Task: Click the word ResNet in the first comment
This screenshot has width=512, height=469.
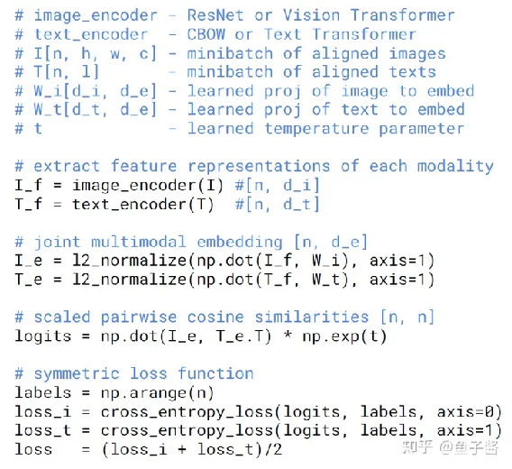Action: (x=215, y=15)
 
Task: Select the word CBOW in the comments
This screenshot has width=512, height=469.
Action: (x=206, y=34)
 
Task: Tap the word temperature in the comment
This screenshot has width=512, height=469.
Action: (x=316, y=129)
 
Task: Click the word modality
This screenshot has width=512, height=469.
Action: (x=455, y=166)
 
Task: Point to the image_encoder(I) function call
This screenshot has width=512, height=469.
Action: (x=148, y=186)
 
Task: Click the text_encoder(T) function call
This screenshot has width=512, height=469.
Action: (x=143, y=205)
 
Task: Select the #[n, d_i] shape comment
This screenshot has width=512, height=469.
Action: (x=277, y=186)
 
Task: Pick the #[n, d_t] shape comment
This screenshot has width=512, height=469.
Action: (x=277, y=205)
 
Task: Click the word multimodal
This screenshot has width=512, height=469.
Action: (x=139, y=243)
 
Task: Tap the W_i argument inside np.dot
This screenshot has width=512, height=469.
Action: (x=326, y=261)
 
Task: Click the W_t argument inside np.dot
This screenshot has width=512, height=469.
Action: (x=326, y=280)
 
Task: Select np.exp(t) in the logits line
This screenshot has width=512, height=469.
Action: (x=345, y=336)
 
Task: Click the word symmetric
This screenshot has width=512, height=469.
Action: (x=77, y=374)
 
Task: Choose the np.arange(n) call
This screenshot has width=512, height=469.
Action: (x=158, y=393)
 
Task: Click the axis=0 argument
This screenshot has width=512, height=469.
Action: (x=465, y=412)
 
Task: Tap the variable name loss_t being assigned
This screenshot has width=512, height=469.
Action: (x=42, y=431)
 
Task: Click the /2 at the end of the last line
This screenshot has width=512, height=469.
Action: (x=273, y=450)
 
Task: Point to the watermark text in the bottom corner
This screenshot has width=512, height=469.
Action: (x=451, y=447)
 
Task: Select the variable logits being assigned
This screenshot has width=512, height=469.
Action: (x=42, y=336)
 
